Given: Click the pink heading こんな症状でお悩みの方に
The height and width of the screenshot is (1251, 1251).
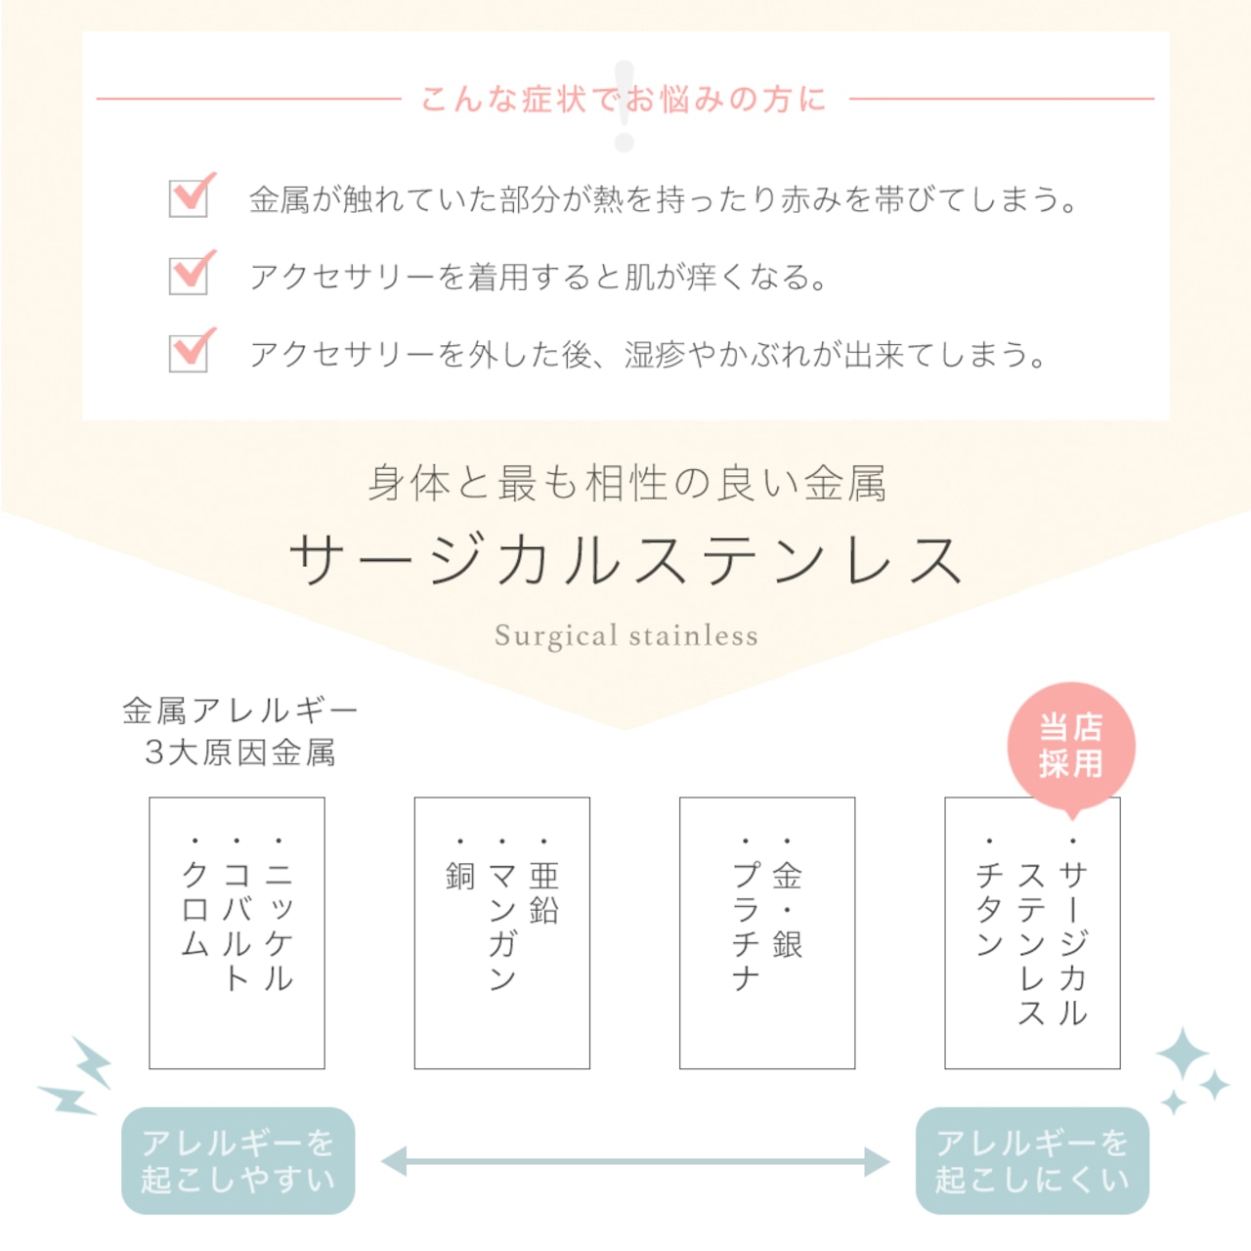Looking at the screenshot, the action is tap(624, 100).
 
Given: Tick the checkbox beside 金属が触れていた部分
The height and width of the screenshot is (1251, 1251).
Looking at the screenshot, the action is tap(189, 198).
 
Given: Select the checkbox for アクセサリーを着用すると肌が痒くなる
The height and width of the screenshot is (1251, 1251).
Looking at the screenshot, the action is tap(189, 276).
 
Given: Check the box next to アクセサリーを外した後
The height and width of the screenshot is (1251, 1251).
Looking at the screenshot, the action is tap(189, 353).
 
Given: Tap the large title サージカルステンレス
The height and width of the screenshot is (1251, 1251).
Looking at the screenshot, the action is tap(625, 560).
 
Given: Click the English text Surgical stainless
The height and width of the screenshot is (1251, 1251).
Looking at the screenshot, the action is tap(625, 635).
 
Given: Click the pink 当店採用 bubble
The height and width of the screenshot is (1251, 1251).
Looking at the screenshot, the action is tap(1070, 746).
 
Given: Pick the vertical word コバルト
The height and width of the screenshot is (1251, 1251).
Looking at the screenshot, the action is tap(237, 927).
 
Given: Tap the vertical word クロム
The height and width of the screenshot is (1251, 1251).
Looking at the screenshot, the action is tap(194, 909).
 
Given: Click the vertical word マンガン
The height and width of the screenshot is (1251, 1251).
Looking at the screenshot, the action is tap(501, 927).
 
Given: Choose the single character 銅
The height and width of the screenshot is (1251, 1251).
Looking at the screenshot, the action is tap(460, 876).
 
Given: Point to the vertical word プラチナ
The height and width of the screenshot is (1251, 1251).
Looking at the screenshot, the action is tap(745, 927).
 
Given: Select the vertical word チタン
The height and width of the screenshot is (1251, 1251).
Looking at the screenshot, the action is tap(989, 909).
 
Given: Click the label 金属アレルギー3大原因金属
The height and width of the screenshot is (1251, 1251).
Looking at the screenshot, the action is tap(240, 732).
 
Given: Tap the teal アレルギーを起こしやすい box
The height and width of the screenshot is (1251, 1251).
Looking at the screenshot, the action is tap(237, 1161).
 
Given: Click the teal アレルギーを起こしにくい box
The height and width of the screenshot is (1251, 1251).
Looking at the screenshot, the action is tap(1032, 1161).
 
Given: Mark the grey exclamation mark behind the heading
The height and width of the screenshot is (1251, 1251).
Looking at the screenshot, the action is tap(624, 106).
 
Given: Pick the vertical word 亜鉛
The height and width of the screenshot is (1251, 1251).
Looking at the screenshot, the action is tap(543, 892).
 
